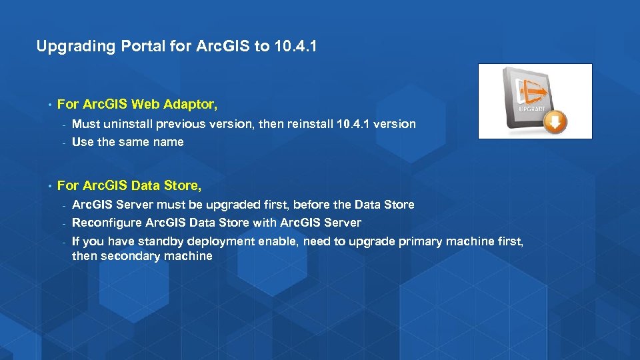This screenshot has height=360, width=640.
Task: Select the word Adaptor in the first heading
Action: tap(193, 105)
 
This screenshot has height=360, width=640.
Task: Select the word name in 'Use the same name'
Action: tap(169, 142)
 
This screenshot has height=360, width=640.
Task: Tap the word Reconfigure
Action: tap(106, 223)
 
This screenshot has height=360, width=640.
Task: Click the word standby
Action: tap(161, 241)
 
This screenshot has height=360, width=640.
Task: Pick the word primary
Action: tap(420, 241)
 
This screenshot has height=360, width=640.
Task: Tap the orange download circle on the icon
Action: tap(555, 122)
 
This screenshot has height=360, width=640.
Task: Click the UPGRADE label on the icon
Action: tap(531, 107)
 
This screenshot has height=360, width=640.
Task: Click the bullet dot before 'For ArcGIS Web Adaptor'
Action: tap(49, 105)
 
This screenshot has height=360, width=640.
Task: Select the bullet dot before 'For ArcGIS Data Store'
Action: tap(49, 185)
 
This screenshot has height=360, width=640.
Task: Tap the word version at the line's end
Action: tap(395, 124)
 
